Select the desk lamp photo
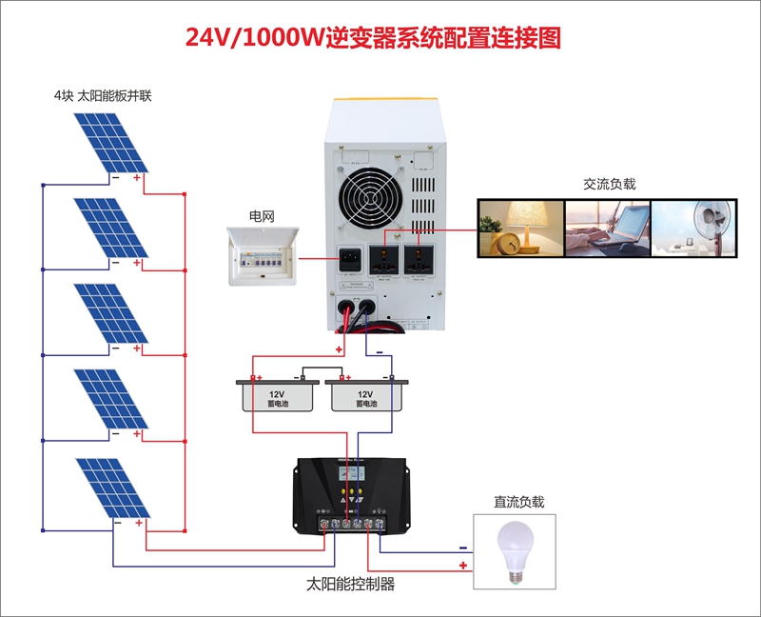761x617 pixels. [519, 227]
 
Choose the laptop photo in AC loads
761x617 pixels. [607, 227]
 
